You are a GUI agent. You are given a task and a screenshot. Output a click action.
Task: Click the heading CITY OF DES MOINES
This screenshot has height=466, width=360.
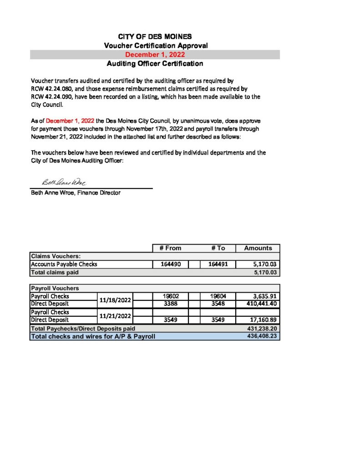[x=155, y=36]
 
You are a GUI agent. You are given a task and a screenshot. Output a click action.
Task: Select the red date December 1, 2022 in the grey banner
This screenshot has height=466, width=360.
[x=155, y=55]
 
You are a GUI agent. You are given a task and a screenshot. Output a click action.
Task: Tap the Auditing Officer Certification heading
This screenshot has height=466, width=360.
[x=155, y=64]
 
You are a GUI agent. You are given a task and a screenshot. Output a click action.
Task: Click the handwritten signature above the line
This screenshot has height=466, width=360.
[x=64, y=182]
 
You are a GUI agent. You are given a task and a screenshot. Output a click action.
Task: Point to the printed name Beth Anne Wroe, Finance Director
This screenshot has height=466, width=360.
[x=76, y=193]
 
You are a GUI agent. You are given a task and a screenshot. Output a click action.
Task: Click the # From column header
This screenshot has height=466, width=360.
[x=170, y=248]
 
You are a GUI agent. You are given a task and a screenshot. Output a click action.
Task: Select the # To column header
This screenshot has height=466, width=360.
[x=218, y=248]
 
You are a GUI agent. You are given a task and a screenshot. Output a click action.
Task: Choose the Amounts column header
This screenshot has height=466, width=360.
[x=258, y=248]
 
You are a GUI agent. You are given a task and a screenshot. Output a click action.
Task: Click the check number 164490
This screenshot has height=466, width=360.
[x=170, y=264]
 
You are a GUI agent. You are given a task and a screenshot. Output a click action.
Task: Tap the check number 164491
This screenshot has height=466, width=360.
[x=218, y=264]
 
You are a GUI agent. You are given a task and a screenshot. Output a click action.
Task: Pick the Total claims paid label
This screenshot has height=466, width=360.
[x=55, y=273]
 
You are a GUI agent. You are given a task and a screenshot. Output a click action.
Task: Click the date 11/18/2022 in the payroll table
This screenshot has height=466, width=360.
[x=115, y=299]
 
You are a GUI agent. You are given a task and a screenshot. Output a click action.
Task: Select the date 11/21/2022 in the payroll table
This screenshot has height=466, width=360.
[x=115, y=316]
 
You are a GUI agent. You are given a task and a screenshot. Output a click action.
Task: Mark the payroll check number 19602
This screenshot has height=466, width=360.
[x=170, y=296]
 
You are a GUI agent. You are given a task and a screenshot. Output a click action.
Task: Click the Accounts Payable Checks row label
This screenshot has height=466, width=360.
[x=64, y=264]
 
